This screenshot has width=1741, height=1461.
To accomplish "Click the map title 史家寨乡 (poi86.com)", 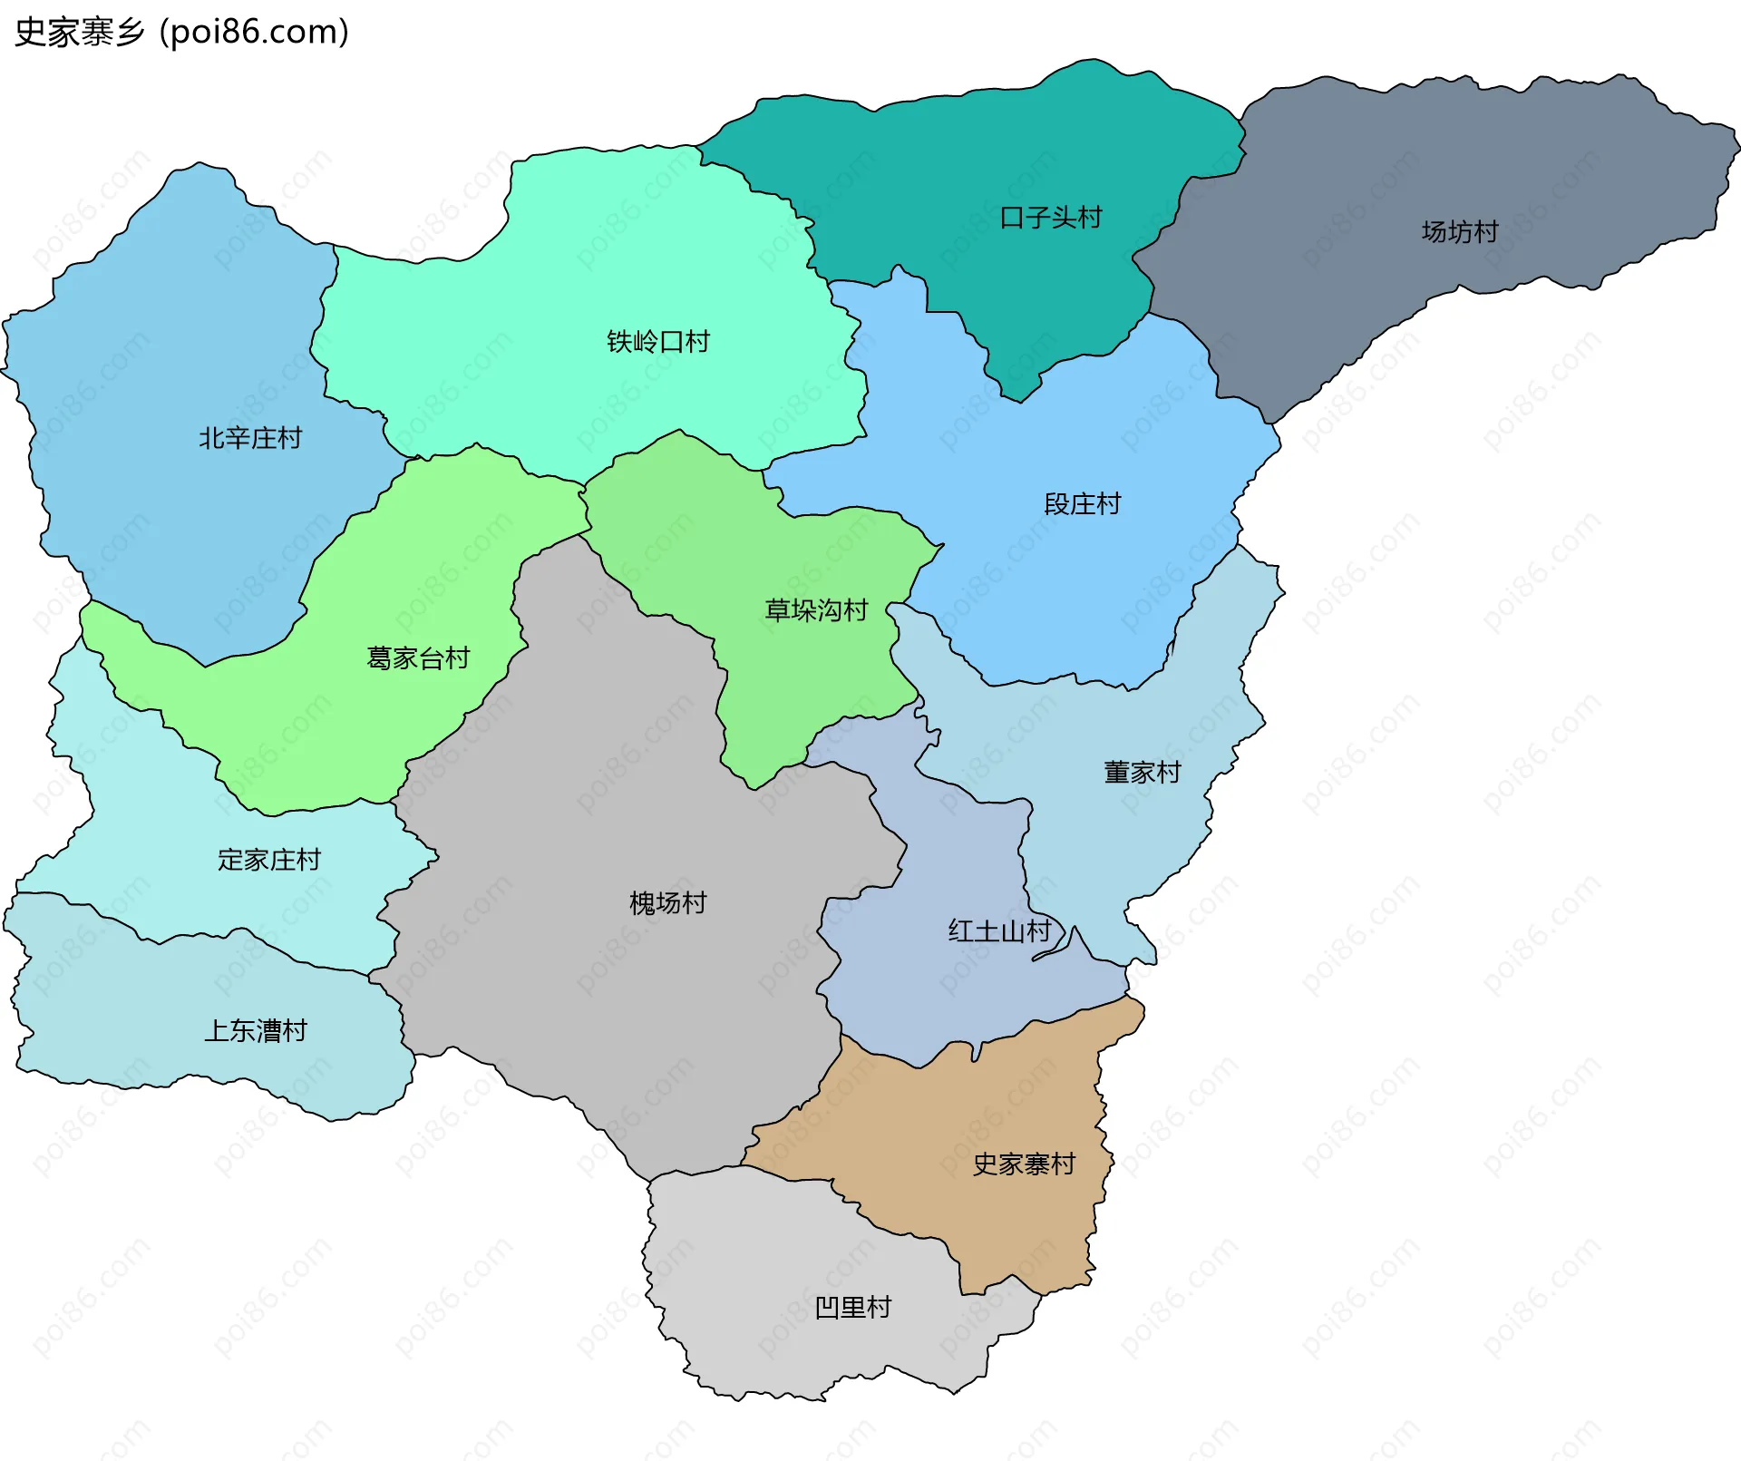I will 181,33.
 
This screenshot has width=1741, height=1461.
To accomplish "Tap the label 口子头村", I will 1050,219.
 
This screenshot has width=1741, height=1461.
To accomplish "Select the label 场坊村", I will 1459,232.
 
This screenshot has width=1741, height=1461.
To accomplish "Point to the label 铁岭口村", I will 657,342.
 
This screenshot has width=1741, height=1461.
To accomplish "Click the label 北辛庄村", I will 250,439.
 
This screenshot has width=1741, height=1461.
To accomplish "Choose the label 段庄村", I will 1082,504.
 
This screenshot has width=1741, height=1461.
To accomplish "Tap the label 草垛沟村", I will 816,610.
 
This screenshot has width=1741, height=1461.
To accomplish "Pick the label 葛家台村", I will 418,658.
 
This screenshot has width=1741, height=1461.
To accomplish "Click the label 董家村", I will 1142,773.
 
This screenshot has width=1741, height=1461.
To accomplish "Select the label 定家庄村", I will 269,860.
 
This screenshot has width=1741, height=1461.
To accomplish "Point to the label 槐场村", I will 667,903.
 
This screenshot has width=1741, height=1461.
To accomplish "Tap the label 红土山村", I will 998,931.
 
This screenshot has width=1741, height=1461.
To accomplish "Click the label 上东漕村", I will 256,1031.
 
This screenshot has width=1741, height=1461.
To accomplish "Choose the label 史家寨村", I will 1024,1164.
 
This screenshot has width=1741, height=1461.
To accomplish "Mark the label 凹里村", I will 852,1308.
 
